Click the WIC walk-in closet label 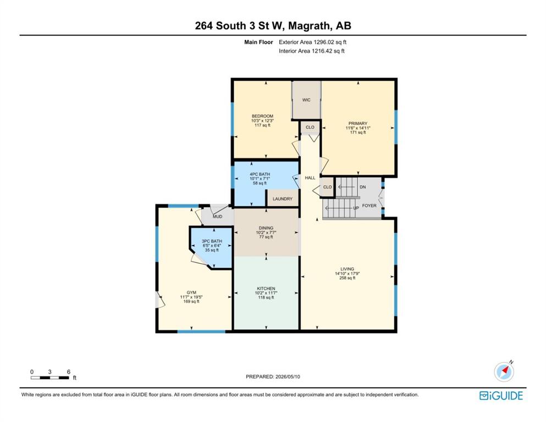point(306,100)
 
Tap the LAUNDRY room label point(283,199)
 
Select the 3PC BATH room point(211,247)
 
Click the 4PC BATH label point(260,174)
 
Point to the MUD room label point(218,216)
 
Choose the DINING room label point(266,228)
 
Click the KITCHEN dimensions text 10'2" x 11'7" point(266,293)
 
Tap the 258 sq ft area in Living point(347,278)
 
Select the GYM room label point(191,292)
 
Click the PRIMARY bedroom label point(358,124)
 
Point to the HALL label point(310,178)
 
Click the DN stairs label point(362,187)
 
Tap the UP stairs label point(356,208)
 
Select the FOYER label point(369,206)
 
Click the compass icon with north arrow point(504,371)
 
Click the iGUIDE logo point(501,396)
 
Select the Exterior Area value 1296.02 point(324,42)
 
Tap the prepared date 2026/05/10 point(288,376)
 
